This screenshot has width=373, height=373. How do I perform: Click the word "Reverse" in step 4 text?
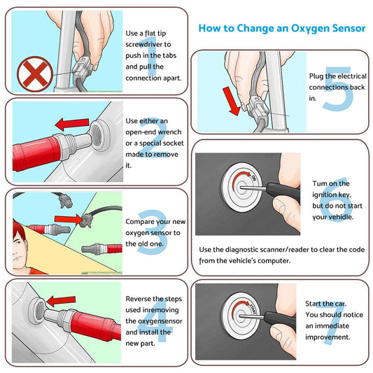[142, 298]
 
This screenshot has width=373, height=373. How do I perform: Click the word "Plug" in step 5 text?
[317, 76]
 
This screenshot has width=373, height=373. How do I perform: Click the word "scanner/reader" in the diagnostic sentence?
[285, 250]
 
